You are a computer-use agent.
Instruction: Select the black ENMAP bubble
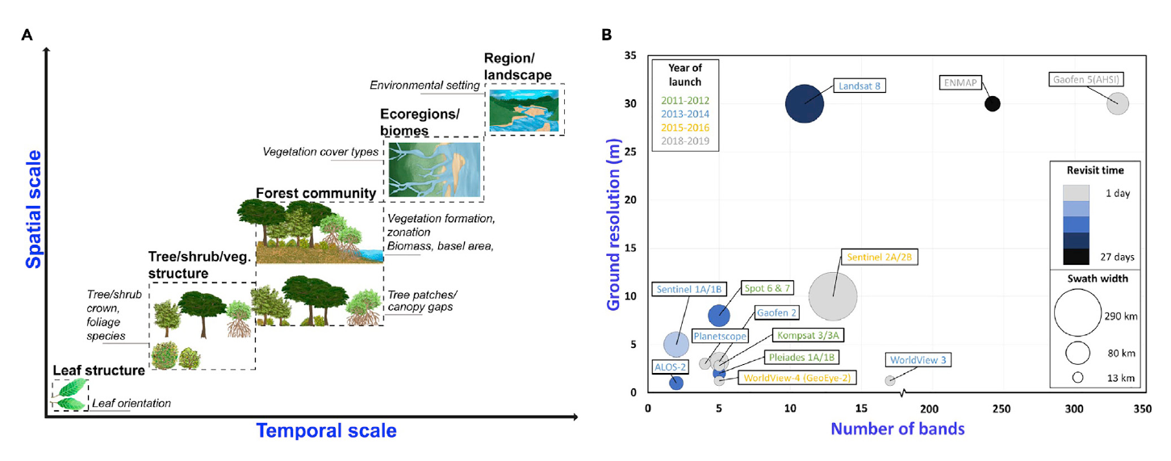[993, 103]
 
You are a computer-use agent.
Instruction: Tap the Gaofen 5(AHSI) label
[1088, 80]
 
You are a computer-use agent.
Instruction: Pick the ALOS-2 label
[670, 366]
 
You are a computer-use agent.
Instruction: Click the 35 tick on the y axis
[632, 56]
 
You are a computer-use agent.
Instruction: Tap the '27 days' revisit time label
[1119, 257]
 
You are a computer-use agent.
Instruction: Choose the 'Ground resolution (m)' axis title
[613, 223]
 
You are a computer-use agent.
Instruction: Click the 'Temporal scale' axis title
[326, 430]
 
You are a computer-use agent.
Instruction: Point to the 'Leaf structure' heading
[98, 371]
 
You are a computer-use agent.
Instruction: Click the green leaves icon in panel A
[69, 394]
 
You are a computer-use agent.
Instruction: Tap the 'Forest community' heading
[316, 193]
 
